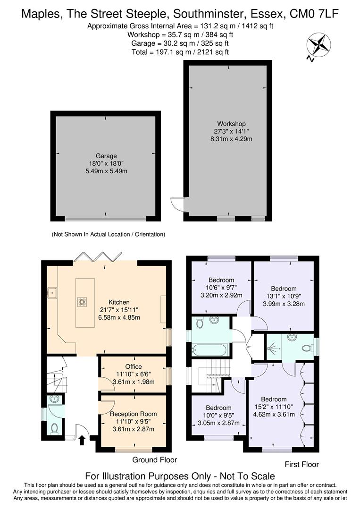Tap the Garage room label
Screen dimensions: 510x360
click(106, 156)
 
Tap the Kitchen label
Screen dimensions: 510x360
click(119, 302)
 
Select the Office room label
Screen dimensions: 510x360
click(133, 366)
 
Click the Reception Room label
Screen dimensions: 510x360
click(133, 414)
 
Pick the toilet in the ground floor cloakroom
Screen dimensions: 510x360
click(55, 428)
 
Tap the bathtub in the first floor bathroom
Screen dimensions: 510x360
click(210, 350)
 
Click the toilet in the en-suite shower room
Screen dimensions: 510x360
click(307, 348)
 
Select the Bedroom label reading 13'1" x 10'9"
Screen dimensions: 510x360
click(284, 289)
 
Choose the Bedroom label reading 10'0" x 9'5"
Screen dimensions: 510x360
click(218, 408)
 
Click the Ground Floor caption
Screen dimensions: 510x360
click(154, 459)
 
